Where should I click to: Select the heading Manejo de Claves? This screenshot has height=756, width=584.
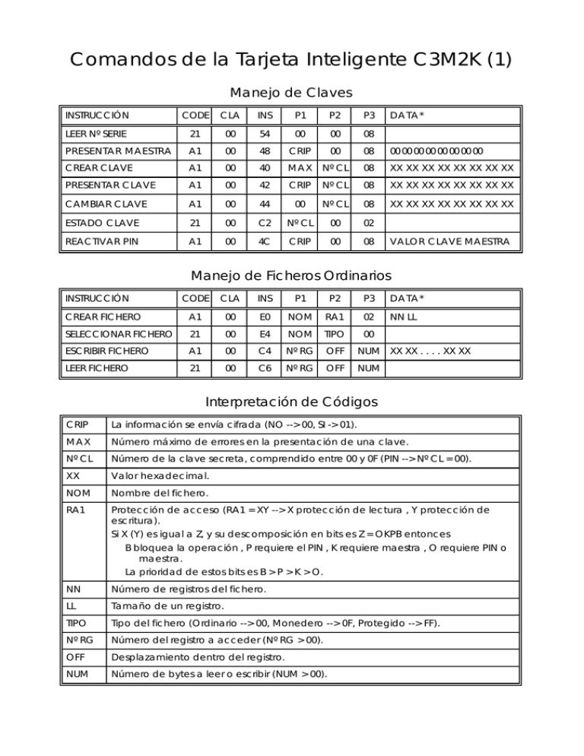tap(291, 93)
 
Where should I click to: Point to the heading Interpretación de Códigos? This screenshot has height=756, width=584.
tap(291, 402)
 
